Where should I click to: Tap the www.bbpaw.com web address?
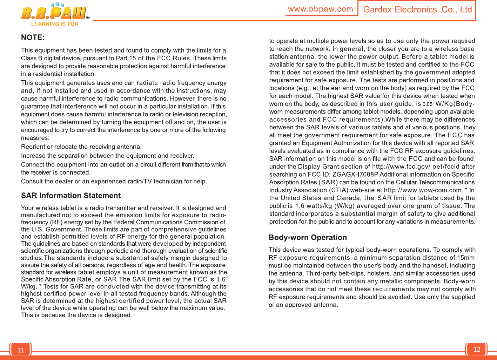[x=320, y=9]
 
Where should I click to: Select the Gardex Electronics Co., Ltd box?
[x=417, y=10]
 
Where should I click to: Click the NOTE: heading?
[x=33, y=38]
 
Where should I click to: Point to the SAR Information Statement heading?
[x=71, y=196]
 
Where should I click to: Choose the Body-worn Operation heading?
[x=308, y=237]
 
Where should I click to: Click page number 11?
[x=21, y=350]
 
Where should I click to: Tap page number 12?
[x=477, y=349]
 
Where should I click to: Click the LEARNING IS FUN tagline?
[x=55, y=24]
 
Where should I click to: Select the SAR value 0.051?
[x=429, y=104]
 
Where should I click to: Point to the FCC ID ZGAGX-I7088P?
[x=355, y=174]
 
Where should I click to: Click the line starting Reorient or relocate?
[x=81, y=147]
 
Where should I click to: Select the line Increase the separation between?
[x=107, y=156]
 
